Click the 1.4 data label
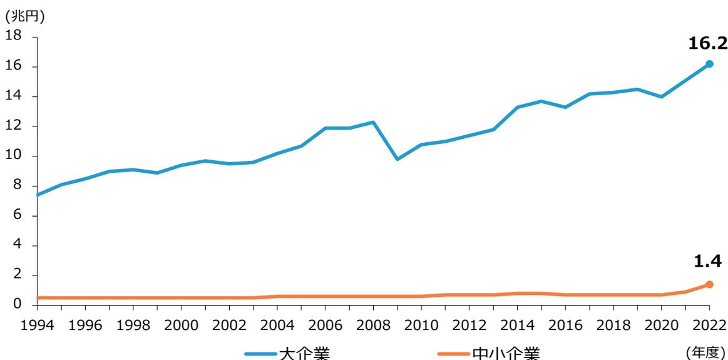click(x=709, y=261)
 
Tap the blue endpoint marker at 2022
click(x=709, y=64)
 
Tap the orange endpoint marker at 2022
click(x=709, y=284)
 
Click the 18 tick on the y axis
click(x=14, y=37)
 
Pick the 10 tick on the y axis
click(x=14, y=156)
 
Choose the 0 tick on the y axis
click(x=18, y=305)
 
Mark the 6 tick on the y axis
click(x=18, y=216)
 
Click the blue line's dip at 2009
click(x=397, y=159)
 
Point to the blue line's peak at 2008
click(x=373, y=122)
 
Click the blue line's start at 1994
click(x=38, y=195)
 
